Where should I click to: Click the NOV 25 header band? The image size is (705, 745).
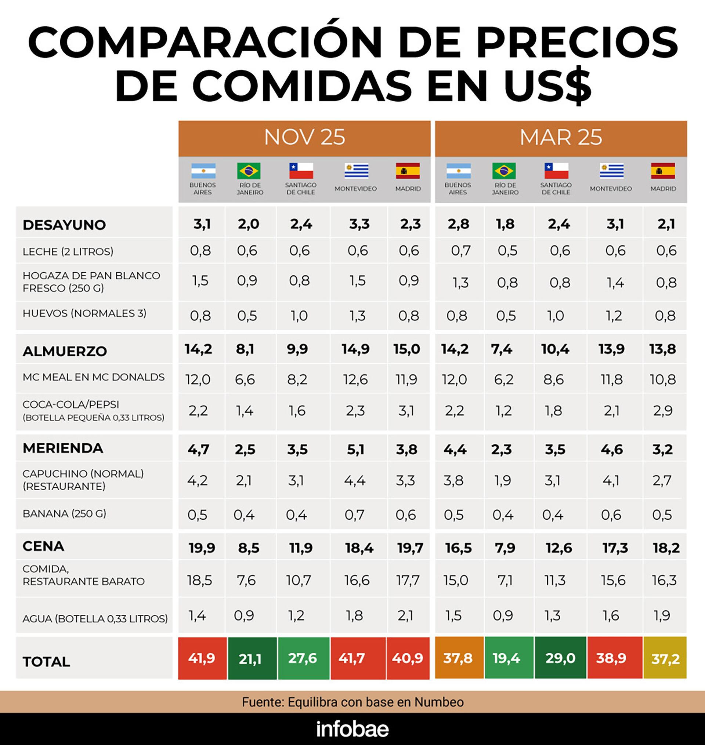pos(304,138)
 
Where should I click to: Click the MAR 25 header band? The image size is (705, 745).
pos(561,138)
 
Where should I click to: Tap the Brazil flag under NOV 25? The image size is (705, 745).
pos(249,171)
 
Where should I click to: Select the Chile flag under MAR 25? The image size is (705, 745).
pos(556,171)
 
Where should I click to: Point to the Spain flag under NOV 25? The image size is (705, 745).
pos(408,171)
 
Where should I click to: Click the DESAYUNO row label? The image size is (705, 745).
pos(64,225)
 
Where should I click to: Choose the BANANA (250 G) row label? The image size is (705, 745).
pos(64,513)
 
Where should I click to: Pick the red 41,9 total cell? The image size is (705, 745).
pos(202,658)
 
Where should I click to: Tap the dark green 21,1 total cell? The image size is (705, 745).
pos(252,658)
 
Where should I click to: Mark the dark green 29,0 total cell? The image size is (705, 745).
pos(560,658)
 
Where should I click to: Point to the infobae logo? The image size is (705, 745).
pos(352,729)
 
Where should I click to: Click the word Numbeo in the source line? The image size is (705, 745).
pos(439,702)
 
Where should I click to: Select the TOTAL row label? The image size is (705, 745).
pos(46,662)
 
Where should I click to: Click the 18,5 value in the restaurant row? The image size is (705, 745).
pos(199,581)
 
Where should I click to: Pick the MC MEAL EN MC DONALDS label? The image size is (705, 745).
pos(94,377)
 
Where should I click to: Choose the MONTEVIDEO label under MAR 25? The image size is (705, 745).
pos(611,189)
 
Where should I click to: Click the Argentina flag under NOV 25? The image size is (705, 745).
pos(203,171)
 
